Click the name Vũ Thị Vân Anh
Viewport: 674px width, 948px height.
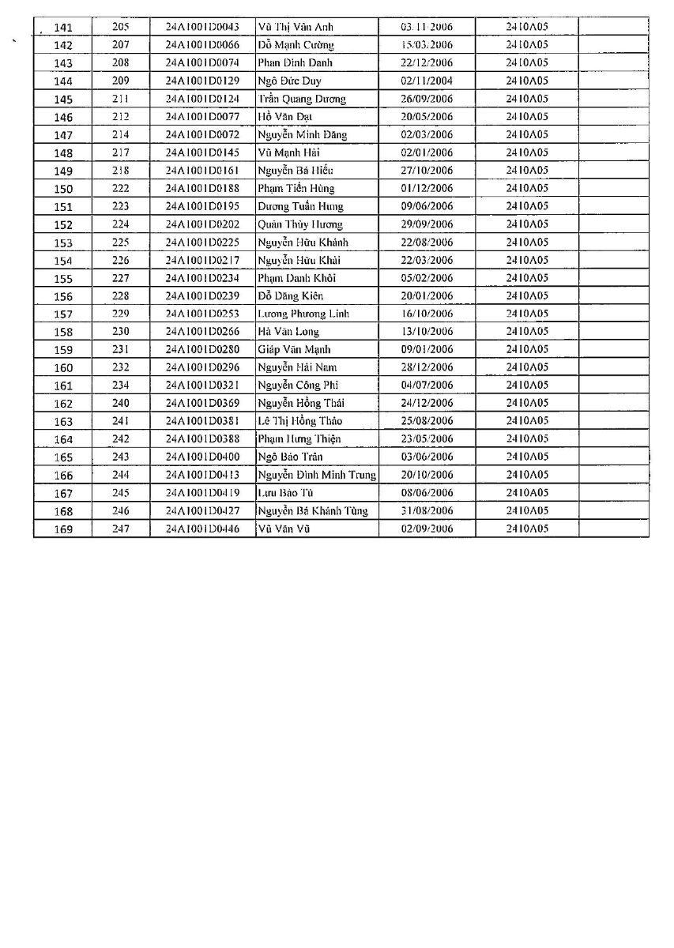(296, 27)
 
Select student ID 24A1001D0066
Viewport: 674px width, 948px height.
(202, 45)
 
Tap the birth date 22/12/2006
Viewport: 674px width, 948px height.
(427, 63)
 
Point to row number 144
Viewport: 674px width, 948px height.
(63, 81)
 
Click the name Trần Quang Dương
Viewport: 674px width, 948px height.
(302, 99)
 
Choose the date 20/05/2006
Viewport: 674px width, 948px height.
(427, 117)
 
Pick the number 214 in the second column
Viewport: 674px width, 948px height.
(120, 135)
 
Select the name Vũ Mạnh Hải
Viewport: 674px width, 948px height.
(290, 152)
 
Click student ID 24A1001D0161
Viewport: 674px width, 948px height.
(202, 171)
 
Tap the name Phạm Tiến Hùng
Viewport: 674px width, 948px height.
(296, 189)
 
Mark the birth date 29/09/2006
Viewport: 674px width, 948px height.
(427, 224)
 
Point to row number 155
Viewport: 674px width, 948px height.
(63, 278)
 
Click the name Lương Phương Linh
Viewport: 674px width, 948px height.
(303, 314)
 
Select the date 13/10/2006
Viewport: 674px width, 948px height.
(427, 332)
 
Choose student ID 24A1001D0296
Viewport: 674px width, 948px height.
(202, 367)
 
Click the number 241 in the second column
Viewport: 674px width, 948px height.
(120, 421)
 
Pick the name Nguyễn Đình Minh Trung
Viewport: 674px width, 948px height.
(317, 476)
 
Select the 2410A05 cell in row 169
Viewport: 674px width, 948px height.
(527, 529)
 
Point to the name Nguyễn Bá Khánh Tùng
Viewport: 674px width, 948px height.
(313, 511)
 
